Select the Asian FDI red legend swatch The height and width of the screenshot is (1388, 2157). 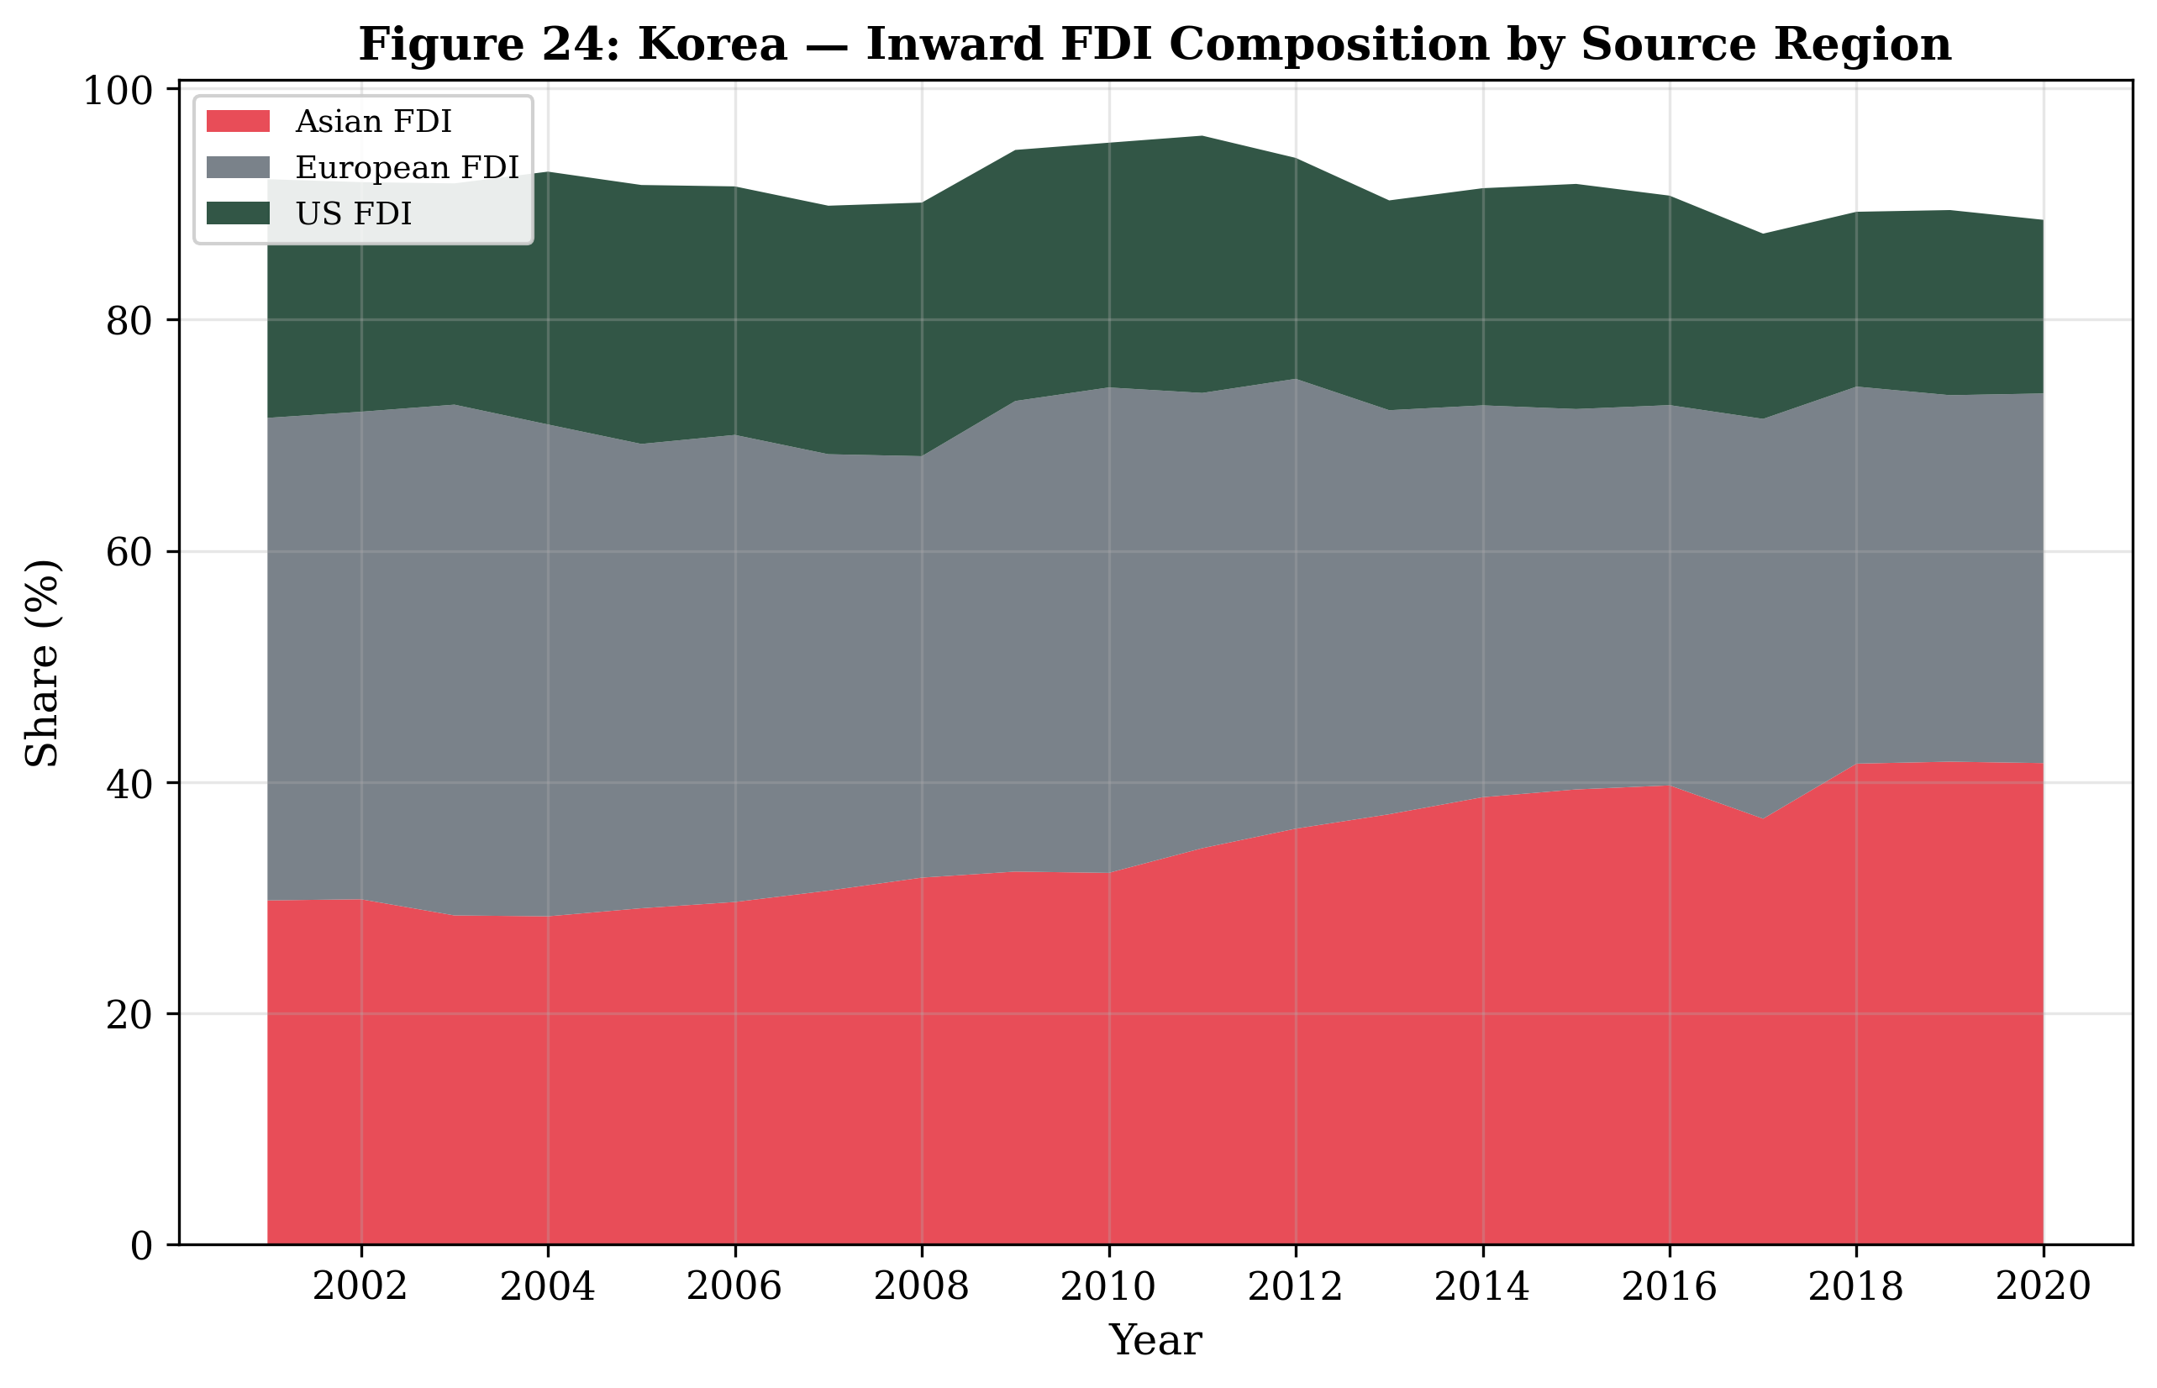pos(238,121)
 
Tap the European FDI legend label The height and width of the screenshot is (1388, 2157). pos(407,168)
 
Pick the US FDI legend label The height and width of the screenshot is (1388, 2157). pos(354,213)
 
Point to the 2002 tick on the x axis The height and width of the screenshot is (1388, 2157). pos(360,1288)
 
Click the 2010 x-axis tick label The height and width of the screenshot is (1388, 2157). pos(1107,1288)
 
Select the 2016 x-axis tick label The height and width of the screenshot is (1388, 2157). pos(1669,1288)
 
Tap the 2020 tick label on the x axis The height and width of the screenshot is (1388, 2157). pos(2043,1288)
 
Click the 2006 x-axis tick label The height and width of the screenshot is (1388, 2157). pos(734,1288)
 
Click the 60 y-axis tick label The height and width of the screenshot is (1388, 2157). pos(129,552)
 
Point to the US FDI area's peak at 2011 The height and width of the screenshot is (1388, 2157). pos(1202,137)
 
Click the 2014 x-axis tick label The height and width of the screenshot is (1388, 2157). pos(1482,1288)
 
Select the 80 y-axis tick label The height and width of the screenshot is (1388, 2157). pos(129,321)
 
